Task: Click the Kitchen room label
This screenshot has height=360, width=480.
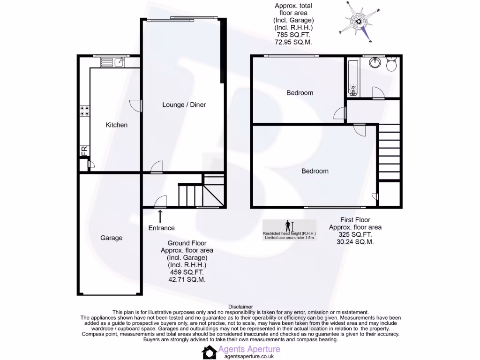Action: (116, 125)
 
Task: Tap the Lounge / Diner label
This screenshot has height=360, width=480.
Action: (184, 105)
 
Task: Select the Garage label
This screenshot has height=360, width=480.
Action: (111, 238)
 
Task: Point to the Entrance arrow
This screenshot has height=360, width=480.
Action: (160, 216)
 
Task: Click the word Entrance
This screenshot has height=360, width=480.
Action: (161, 228)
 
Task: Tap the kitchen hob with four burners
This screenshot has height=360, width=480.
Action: (84, 111)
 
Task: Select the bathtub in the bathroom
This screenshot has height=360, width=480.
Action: (353, 77)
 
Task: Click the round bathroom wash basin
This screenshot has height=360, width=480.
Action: (375, 63)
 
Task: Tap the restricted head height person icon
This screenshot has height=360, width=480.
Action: (288, 226)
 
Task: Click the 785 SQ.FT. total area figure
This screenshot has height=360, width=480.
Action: (293, 35)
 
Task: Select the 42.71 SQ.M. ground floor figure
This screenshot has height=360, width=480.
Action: (187, 279)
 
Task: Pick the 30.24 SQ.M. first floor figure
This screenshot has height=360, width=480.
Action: (355, 242)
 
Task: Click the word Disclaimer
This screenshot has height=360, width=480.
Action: (240, 307)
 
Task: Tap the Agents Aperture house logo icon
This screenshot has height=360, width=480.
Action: (209, 352)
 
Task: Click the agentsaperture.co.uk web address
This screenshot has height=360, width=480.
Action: (248, 356)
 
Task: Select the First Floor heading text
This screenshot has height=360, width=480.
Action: (355, 220)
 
